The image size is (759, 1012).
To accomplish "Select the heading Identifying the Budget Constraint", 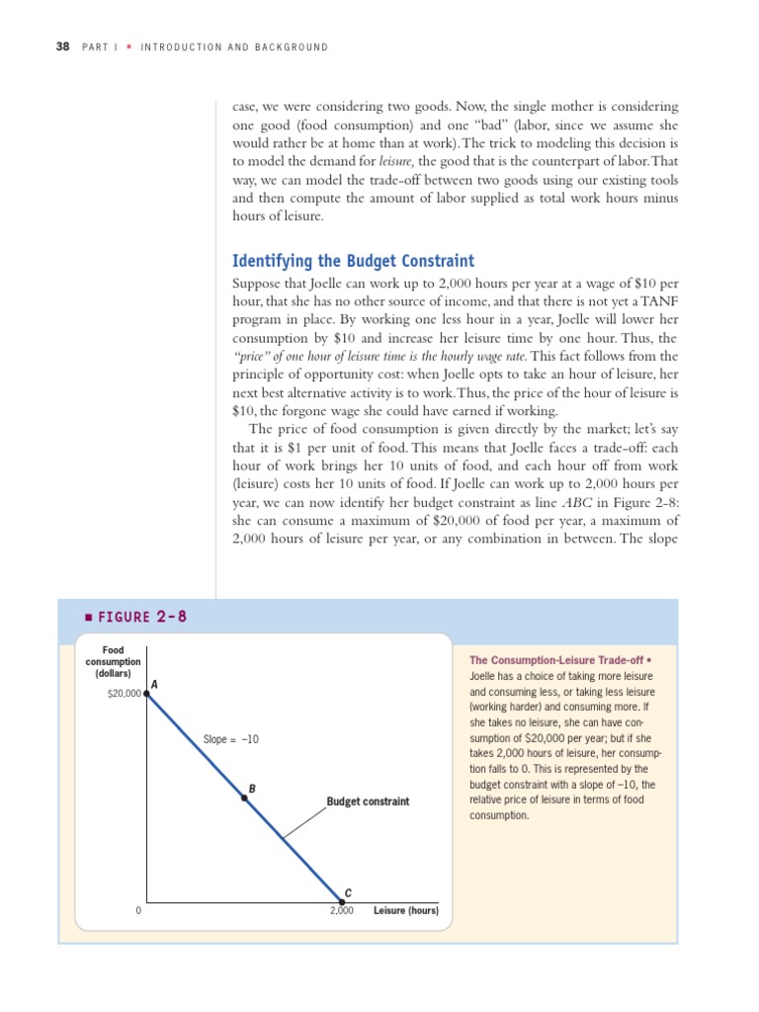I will [x=353, y=261].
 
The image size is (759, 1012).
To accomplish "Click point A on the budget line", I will [x=147, y=694].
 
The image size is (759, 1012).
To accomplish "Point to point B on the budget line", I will [x=245, y=798].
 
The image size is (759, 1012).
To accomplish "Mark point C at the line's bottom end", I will [x=342, y=901].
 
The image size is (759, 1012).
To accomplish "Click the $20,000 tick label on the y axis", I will [x=124, y=695].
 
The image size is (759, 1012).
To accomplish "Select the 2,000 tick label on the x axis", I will [x=342, y=910].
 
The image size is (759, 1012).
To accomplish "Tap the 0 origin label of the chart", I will [x=139, y=910].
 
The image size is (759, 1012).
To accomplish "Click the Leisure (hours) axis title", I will [x=406, y=910].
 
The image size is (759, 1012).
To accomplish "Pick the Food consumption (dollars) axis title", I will [x=114, y=661].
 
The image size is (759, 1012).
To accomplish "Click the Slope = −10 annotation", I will [x=231, y=739].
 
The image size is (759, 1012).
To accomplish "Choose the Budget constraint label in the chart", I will [x=368, y=801].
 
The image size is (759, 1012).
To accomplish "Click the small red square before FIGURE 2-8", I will [x=88, y=617].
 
